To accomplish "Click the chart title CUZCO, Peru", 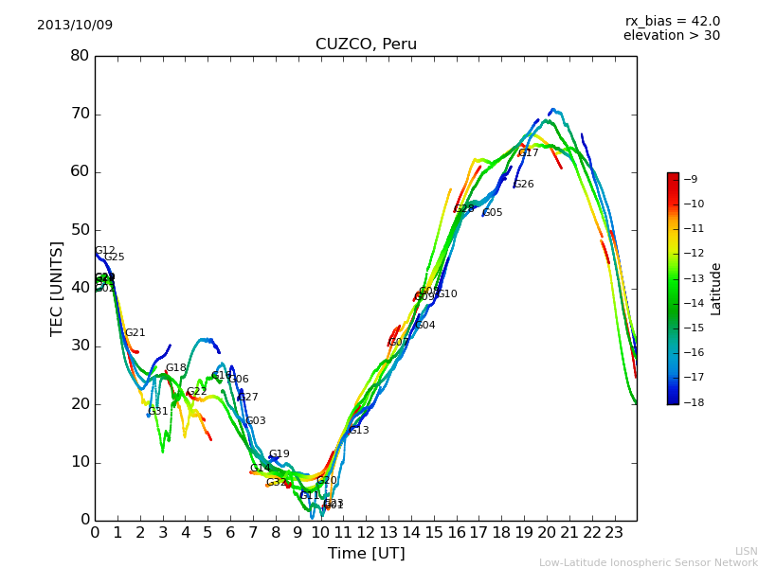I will point(366,44).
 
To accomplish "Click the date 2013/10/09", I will point(75,25).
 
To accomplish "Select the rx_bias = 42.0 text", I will point(673,21).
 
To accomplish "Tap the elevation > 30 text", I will point(672,36).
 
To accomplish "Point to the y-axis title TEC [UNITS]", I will point(57,288).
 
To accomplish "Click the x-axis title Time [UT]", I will point(366,554).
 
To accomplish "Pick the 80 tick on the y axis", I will point(80,56).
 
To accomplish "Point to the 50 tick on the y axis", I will point(80,230).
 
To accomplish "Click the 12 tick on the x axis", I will point(366,532).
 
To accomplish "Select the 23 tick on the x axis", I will point(614,532).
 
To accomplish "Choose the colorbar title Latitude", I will point(716,288).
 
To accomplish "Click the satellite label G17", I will point(528,153).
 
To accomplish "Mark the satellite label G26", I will point(524,185).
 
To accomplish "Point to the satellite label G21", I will point(135,333).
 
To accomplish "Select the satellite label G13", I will point(359,431).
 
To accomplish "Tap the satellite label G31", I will point(158,412).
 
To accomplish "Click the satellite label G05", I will point(493,213).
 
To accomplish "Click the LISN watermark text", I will point(747,551).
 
